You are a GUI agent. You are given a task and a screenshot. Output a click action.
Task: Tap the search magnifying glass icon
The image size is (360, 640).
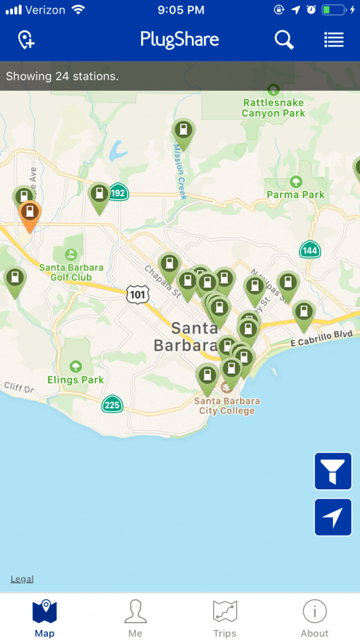click(284, 40)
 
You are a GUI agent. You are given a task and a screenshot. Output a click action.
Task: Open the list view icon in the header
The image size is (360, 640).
click(334, 40)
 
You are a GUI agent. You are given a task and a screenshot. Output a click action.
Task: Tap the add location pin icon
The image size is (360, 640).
click(26, 41)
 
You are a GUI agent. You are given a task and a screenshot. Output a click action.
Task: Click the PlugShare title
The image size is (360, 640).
click(179, 40)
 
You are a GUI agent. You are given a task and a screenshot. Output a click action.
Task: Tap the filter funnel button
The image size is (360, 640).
click(333, 471)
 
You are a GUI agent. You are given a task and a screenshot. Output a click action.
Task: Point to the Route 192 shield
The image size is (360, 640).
click(117, 192)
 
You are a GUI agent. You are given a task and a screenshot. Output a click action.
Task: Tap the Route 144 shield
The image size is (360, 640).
click(309, 250)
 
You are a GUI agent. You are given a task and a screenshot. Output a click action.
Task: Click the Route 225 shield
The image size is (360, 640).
click(112, 405)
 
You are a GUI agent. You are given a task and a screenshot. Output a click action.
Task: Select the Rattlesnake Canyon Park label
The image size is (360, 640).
click(273, 107)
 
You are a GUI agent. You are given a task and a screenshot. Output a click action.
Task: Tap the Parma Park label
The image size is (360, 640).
click(296, 194)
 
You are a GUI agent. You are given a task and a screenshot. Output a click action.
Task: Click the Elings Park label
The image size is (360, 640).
click(76, 379)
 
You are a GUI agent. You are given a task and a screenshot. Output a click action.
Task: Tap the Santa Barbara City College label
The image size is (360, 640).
click(227, 406)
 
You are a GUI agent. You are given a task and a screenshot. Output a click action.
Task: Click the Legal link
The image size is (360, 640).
click(22, 579)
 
